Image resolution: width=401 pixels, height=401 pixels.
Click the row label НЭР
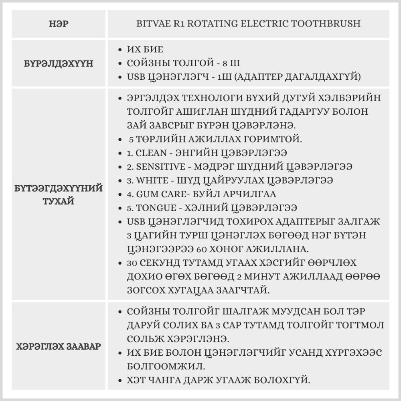coord(59,24)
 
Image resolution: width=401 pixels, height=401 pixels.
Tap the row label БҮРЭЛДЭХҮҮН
coord(59,63)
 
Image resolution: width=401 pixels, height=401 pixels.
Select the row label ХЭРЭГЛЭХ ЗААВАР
coord(59,346)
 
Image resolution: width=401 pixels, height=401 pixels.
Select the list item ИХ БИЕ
coord(145,50)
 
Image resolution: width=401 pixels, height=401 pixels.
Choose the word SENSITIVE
coord(161,166)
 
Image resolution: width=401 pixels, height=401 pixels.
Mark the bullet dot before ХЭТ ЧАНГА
coord(121,379)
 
